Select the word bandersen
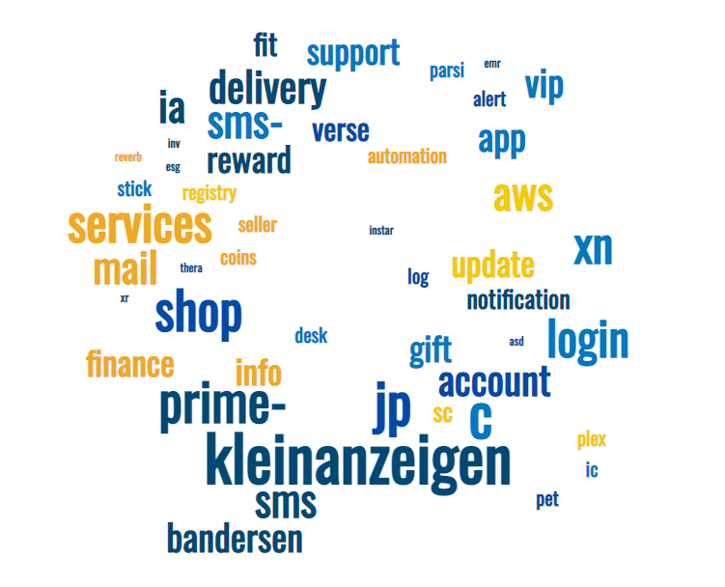pyautogui.click(x=235, y=539)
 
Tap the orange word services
pyautogui.click(x=139, y=226)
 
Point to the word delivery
pyautogui.click(x=267, y=90)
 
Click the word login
pyautogui.click(x=588, y=340)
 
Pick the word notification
pyautogui.click(x=518, y=300)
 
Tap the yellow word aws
pyautogui.click(x=523, y=196)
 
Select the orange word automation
pyautogui.click(x=406, y=156)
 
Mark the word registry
pyautogui.click(x=209, y=193)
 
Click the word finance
pyautogui.click(x=130, y=365)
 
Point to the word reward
pyautogui.click(x=248, y=161)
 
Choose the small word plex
pyautogui.click(x=592, y=440)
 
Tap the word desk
pyautogui.click(x=311, y=336)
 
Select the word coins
pyautogui.click(x=237, y=258)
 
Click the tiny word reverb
pyautogui.click(x=127, y=156)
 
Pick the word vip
pyautogui.click(x=544, y=85)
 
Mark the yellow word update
pyautogui.click(x=492, y=265)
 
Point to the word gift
pyautogui.click(x=431, y=349)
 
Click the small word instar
pyautogui.click(x=381, y=231)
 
